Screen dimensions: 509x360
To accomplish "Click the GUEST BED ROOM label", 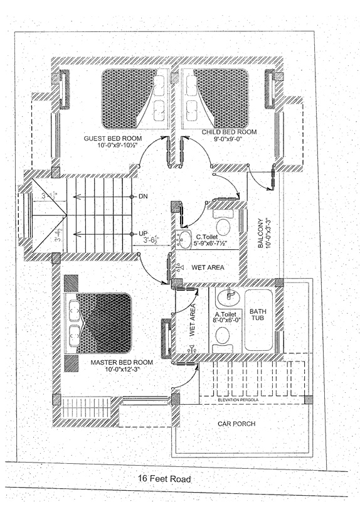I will pos(113,137).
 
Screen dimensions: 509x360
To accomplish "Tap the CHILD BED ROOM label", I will pos(229,132).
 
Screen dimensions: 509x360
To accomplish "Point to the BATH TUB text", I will pos(258,315).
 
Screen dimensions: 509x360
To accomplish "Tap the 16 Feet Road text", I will pos(164,479).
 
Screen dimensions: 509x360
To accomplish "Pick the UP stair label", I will pos(143,233).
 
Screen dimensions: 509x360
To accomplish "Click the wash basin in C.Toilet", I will pos(184,238).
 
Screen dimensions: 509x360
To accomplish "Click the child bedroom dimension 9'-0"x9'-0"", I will pos(229,141).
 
